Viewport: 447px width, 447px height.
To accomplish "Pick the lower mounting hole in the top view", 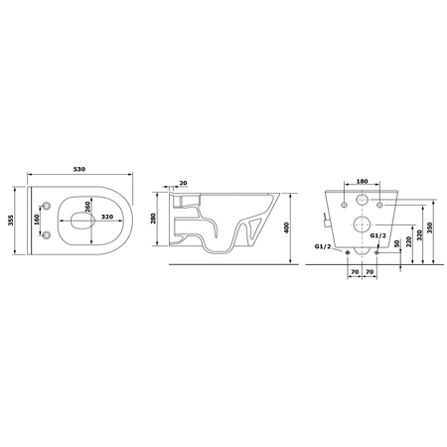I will tap(47, 232).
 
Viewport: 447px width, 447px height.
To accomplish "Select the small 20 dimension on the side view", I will tap(184, 183).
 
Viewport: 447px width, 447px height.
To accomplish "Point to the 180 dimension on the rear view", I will tap(361, 183).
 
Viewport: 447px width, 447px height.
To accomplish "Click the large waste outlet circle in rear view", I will tap(362, 225).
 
